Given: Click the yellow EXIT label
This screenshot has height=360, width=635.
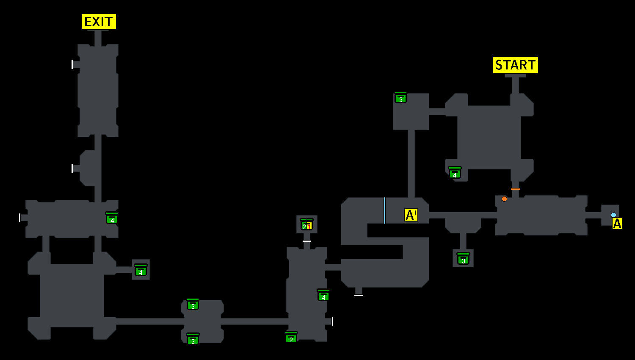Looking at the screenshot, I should (99, 22).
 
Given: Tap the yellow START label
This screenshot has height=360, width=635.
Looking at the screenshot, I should (515, 65).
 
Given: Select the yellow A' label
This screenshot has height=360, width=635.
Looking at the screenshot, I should (411, 215).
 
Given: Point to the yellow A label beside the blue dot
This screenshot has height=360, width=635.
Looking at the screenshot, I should (617, 223).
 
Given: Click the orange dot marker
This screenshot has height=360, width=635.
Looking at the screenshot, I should (504, 199).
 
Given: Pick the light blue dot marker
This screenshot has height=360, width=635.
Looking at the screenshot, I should (613, 215).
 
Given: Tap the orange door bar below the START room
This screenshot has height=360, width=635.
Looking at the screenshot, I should (515, 189).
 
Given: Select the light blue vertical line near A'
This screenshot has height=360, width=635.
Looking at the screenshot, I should (384, 210).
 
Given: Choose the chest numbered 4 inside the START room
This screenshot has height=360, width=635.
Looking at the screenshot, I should (455, 173).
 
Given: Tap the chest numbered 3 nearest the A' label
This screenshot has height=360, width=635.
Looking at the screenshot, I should (463, 259).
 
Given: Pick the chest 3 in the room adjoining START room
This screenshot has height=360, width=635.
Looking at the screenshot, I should (400, 98).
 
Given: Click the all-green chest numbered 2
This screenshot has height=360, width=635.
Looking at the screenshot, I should (291, 338).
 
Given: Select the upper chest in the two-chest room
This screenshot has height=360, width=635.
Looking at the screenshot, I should (193, 304).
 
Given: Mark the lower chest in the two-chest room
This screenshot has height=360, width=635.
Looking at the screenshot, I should (193, 339).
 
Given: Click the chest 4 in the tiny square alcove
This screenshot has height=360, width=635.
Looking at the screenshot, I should (141, 270).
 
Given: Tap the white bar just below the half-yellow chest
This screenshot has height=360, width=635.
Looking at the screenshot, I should (307, 241).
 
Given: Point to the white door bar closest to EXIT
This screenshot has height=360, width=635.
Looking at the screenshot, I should (72, 64).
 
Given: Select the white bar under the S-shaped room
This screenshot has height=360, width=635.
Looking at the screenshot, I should (359, 295).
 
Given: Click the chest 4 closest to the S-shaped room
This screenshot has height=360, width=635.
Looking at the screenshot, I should (323, 295).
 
